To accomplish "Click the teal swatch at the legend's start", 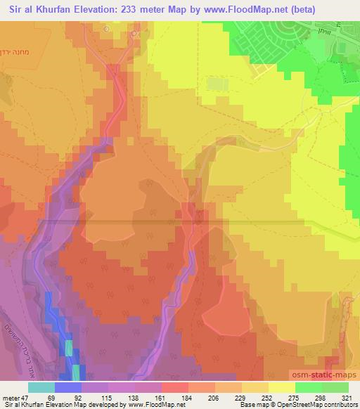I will [x=41, y=387].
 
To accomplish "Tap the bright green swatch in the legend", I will [x=309, y=387].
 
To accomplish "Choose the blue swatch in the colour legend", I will [x=68, y=387].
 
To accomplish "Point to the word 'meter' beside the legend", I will [x=9, y=396].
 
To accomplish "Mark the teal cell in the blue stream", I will [x=69, y=349].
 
